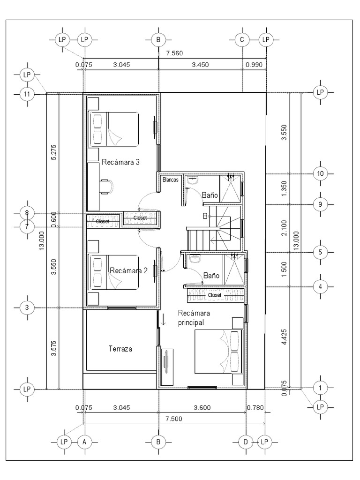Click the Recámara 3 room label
(120, 162)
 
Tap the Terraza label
(120, 349)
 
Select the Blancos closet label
(171, 180)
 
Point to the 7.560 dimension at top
(174, 53)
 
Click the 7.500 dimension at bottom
(173, 419)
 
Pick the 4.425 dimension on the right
(285, 337)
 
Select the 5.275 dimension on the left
(54, 152)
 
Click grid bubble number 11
(27, 94)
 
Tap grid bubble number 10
(320, 173)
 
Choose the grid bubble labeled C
(242, 39)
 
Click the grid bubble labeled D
(246, 442)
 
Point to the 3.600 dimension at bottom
(202, 408)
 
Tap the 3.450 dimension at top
(200, 65)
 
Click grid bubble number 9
(320, 204)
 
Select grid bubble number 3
(27, 307)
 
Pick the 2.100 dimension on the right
(285, 228)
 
